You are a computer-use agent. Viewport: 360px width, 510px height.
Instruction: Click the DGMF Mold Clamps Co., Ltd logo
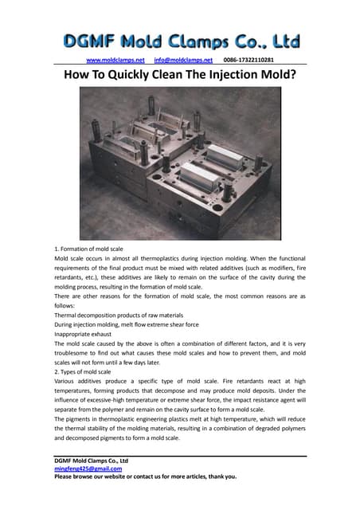(181, 41)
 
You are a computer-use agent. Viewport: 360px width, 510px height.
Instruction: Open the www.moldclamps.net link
(115, 60)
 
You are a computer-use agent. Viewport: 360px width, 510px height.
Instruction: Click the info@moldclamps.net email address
(184, 60)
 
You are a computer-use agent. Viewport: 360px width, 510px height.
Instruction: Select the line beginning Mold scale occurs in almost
(180, 261)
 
